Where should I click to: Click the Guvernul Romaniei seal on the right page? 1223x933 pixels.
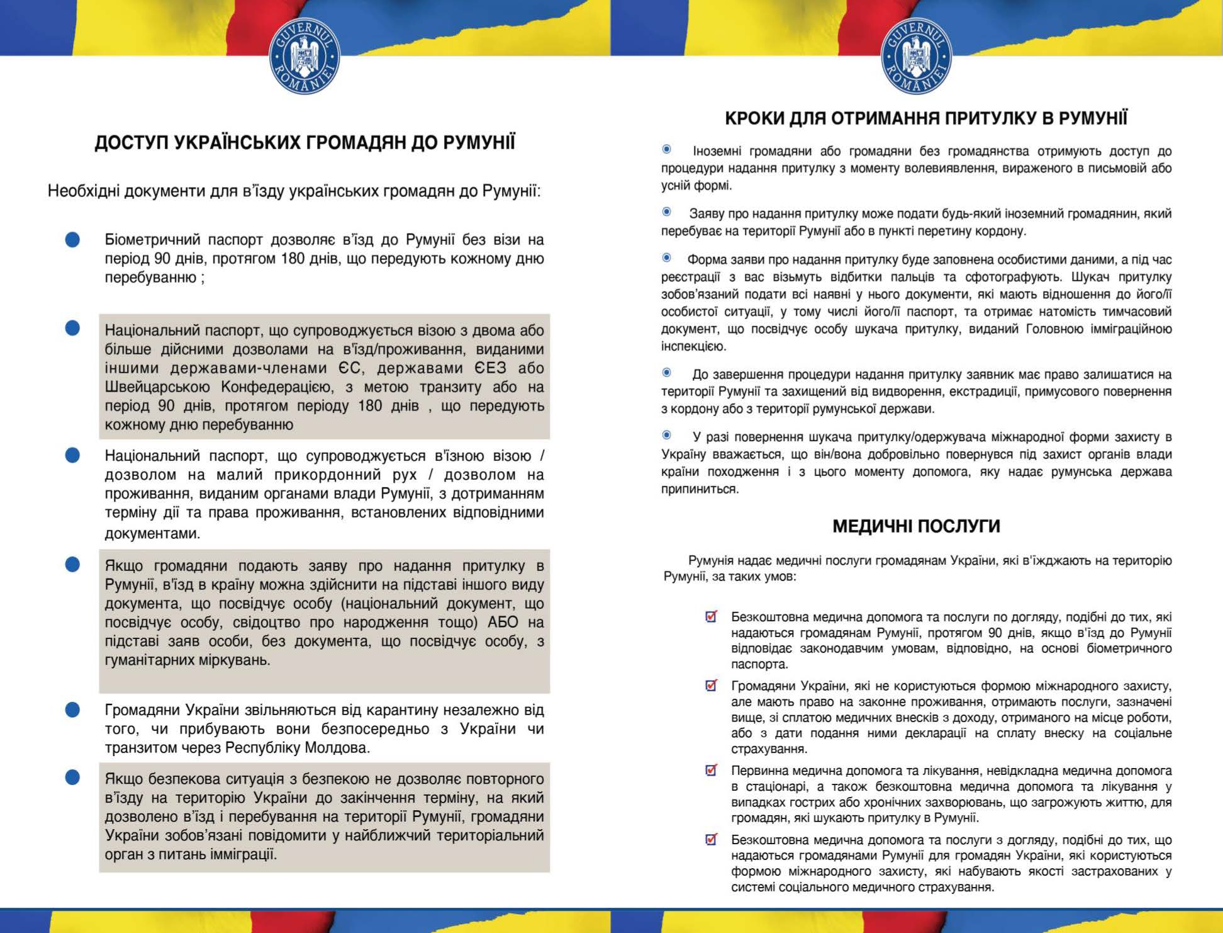[x=916, y=58]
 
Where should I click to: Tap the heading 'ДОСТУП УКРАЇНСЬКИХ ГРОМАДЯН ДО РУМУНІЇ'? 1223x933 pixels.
[x=304, y=143]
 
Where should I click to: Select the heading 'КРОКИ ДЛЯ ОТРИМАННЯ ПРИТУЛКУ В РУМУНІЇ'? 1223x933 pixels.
[x=926, y=118]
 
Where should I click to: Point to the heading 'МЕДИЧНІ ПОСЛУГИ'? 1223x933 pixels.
[x=916, y=526]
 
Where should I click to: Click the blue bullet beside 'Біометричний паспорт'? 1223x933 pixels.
[x=73, y=240]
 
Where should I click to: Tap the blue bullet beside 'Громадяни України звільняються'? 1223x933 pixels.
[x=73, y=710]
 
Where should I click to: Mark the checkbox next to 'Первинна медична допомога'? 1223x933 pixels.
[x=712, y=770]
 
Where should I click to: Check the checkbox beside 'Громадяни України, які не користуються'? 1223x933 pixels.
[x=712, y=686]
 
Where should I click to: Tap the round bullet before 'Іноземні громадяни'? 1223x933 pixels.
[x=667, y=150]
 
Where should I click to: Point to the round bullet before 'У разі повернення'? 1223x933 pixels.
[x=667, y=436]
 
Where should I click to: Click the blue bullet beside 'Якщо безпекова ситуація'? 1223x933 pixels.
[x=73, y=778]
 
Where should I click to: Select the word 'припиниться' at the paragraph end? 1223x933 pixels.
[x=699, y=489]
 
